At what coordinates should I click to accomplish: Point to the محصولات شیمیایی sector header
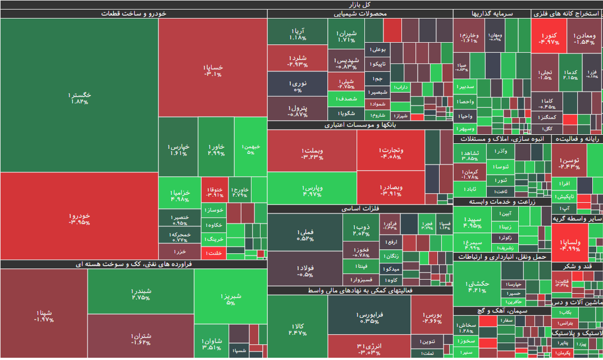360,13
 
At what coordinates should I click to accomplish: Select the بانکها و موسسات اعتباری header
360,125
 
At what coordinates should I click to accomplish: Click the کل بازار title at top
301,4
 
